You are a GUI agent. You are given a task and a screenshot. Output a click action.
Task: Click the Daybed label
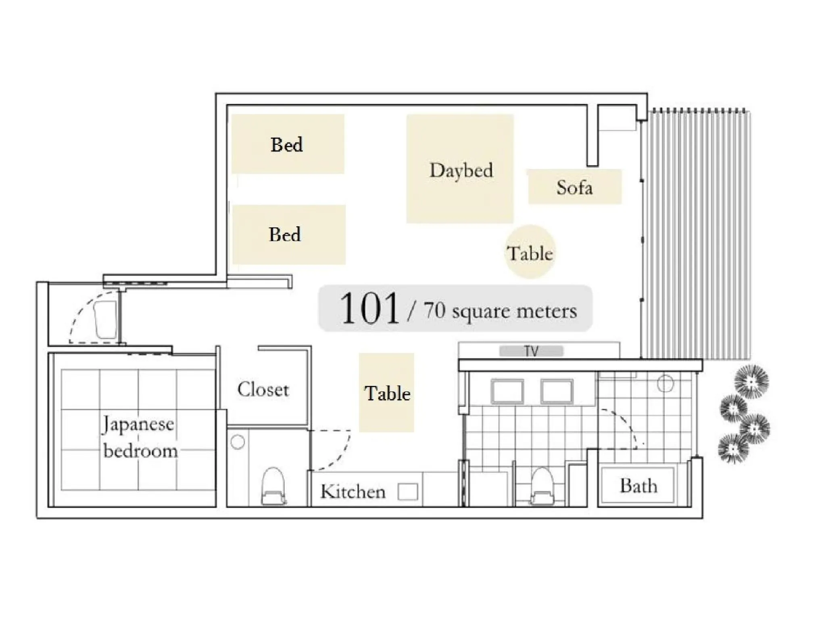pyautogui.click(x=461, y=170)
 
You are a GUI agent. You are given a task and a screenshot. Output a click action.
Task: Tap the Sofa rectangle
pyautogui.click(x=575, y=187)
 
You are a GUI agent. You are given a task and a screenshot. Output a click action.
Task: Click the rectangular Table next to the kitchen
pyautogui.click(x=386, y=393)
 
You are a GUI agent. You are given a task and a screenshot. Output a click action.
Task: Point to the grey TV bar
pyautogui.click(x=531, y=351)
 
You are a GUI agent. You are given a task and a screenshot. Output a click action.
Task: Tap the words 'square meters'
pyautogui.click(x=514, y=311)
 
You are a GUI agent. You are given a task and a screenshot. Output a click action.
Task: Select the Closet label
pyautogui.click(x=263, y=390)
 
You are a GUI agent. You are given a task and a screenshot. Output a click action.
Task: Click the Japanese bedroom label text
pyautogui.click(x=139, y=437)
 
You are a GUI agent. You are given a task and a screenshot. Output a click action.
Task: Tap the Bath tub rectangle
pyautogui.click(x=638, y=485)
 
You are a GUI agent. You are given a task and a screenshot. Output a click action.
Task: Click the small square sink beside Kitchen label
pyautogui.click(x=407, y=492)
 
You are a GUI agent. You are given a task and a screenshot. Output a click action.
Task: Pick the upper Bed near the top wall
pyautogui.click(x=288, y=144)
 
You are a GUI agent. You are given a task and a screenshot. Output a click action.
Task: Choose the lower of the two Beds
pyautogui.click(x=289, y=234)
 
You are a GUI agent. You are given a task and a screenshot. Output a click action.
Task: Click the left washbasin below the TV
pyautogui.click(x=507, y=391)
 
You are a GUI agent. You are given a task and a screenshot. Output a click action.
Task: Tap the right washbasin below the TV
pyautogui.click(x=557, y=391)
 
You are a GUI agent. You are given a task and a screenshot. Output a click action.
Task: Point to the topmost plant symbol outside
pyautogui.click(x=751, y=381)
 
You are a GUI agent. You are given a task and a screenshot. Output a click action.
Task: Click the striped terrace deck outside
pyautogui.click(x=696, y=234)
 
